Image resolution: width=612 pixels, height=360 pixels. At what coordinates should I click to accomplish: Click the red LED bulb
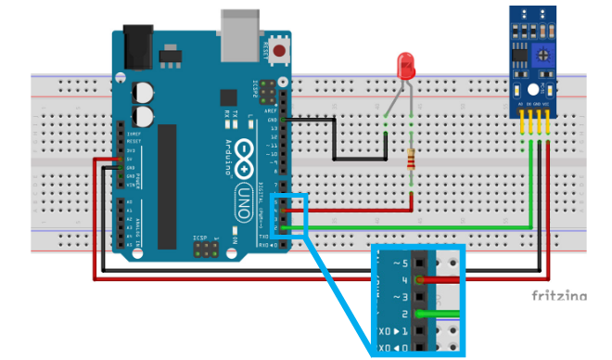tap(405, 65)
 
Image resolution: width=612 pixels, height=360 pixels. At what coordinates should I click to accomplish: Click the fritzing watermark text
tap(558, 296)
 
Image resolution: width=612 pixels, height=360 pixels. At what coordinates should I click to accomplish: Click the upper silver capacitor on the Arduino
tap(144, 93)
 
